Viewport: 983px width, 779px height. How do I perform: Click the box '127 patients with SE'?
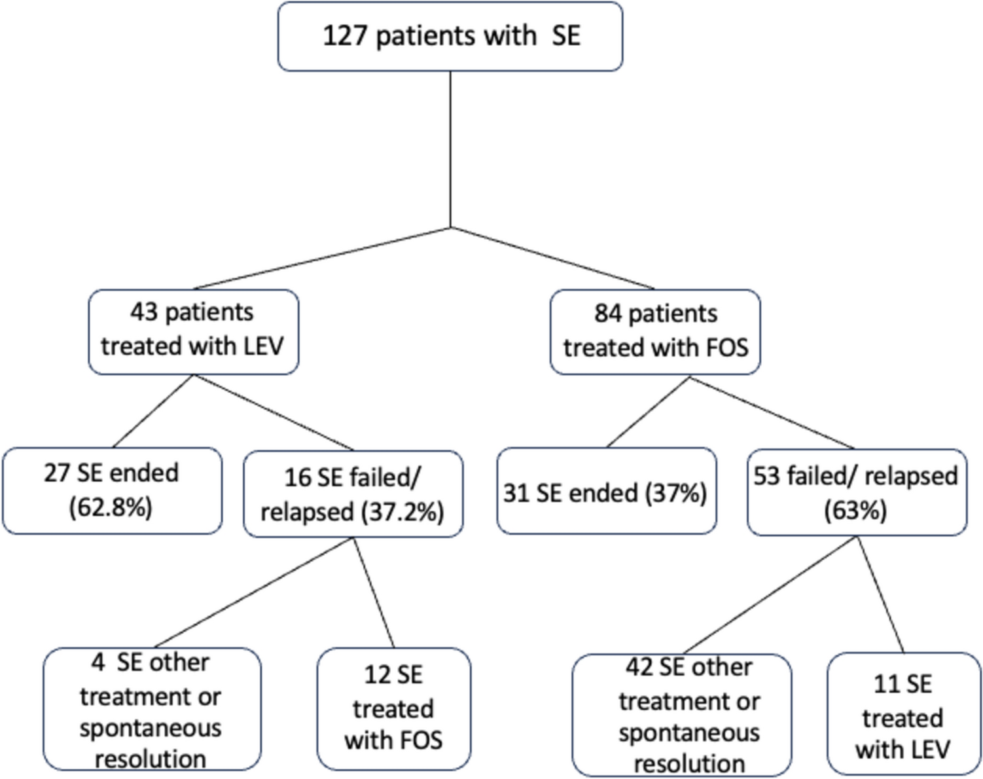(450, 36)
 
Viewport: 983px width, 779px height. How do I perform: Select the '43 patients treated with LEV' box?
(193, 331)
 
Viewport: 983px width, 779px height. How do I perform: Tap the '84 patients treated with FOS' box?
(655, 331)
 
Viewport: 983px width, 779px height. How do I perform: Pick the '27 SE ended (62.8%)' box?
(112, 490)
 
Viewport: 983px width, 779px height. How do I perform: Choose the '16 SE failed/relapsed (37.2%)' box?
(353, 494)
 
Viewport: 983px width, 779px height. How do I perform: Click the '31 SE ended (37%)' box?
(606, 492)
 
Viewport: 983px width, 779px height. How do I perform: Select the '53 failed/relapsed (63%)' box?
(856, 492)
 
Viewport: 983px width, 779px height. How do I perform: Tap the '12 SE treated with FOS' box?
(393, 709)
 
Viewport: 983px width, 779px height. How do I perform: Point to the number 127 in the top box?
(346, 35)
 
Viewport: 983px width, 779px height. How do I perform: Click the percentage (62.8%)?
(111, 507)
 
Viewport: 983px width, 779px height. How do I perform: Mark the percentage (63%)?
(855, 510)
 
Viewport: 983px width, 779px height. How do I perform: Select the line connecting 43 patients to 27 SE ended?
(153, 411)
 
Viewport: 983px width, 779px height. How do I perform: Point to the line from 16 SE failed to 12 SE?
(374, 592)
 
